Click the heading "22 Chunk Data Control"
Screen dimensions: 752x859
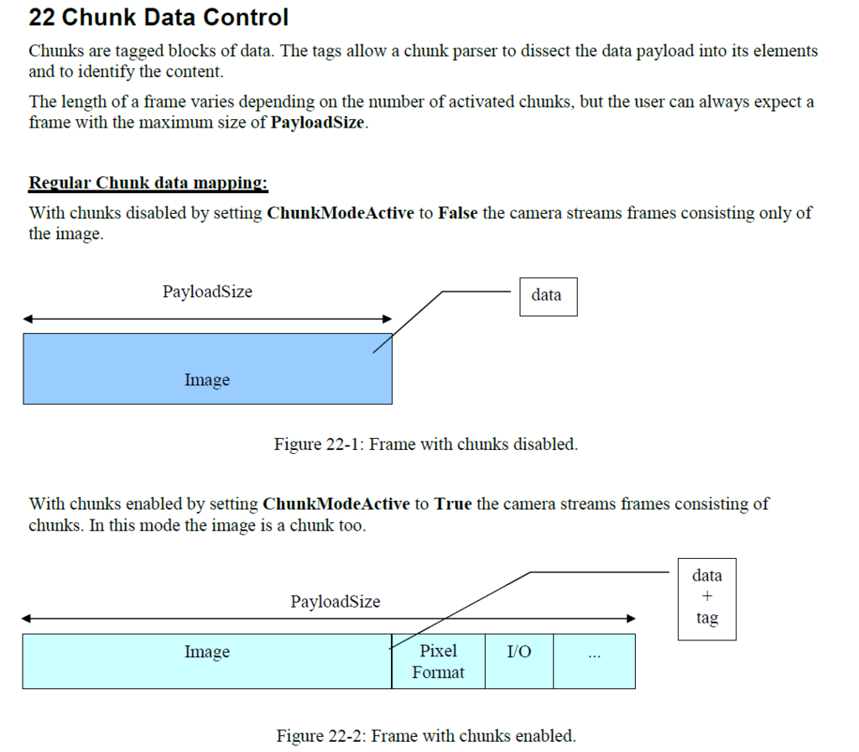point(159,18)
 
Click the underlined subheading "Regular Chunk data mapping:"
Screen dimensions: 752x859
point(148,183)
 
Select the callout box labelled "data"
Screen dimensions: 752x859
point(548,295)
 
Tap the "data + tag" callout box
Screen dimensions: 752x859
point(706,598)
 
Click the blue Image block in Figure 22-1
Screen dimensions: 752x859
point(207,369)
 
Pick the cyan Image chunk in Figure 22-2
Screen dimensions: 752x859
point(206,661)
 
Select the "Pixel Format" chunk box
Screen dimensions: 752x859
point(438,661)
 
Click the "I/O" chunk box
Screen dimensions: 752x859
point(518,661)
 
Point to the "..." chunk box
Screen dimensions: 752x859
point(594,661)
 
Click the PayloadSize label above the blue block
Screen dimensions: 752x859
point(207,292)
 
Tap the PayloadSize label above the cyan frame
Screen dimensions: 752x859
point(335,602)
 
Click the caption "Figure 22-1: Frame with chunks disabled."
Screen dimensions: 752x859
point(425,444)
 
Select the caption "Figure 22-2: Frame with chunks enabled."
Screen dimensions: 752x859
point(426,736)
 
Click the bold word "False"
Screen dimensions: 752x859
point(457,213)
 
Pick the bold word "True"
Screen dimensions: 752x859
point(453,504)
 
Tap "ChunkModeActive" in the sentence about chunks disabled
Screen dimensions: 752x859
point(340,213)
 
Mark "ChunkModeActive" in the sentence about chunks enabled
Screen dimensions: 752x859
point(336,504)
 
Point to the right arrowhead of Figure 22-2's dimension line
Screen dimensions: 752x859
point(632,619)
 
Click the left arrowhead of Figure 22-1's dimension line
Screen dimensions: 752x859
point(28,319)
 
